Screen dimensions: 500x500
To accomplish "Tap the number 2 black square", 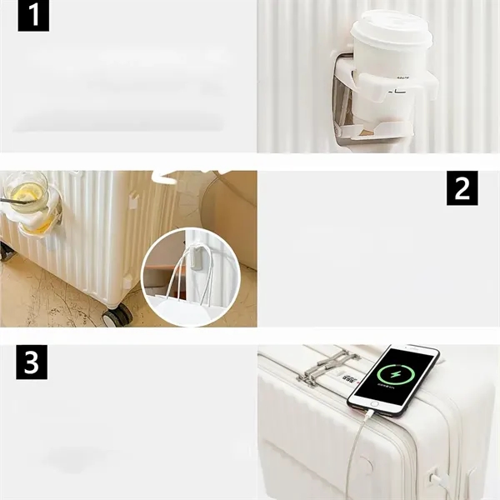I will (x=462, y=189).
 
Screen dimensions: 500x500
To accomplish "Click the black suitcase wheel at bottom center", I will (x=117, y=315).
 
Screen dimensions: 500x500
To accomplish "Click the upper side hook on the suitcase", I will (x=133, y=200).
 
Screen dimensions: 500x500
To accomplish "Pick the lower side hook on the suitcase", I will (x=127, y=281).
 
